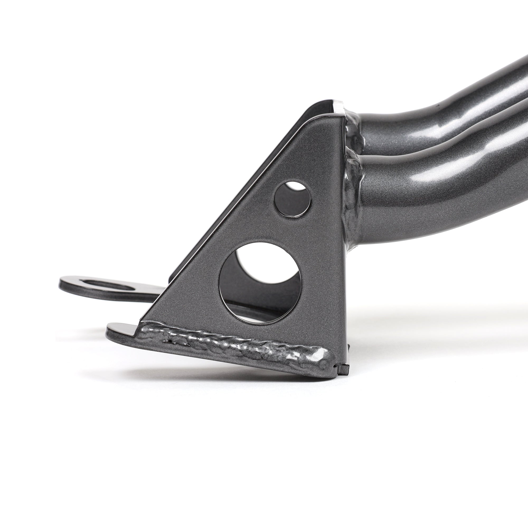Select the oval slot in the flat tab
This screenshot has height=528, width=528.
[109, 284]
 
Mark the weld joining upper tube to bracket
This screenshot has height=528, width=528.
[352, 129]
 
